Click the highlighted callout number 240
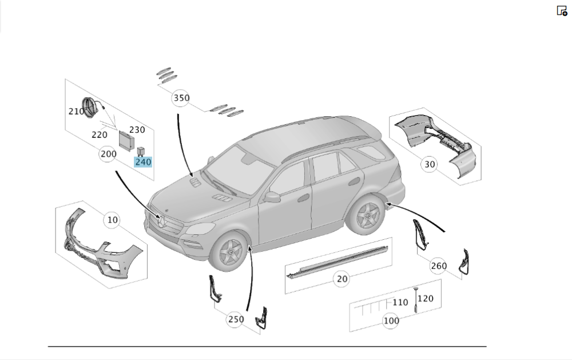[143, 162]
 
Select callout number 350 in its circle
[181, 98]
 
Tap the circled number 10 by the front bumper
[113, 220]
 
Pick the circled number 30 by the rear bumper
[430, 165]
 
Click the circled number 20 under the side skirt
[342, 279]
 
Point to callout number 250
[236, 319]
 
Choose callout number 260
[439, 266]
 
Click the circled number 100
[391, 321]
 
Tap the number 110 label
[400, 302]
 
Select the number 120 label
[426, 298]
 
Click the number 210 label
[76, 111]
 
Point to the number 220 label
[100, 135]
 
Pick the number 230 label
[137, 130]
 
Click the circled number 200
[108, 153]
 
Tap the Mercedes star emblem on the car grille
[162, 223]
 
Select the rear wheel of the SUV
[364, 217]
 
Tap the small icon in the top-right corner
[562, 10]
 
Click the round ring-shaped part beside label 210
[90, 107]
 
